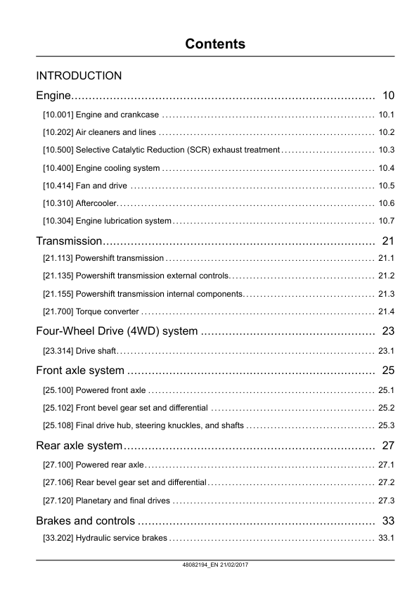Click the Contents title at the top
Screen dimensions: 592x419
(x=215, y=44)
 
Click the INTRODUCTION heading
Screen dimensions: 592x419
(x=79, y=75)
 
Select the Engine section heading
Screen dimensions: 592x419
(x=54, y=95)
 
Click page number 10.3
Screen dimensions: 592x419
(x=386, y=150)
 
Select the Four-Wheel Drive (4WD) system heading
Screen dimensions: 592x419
(x=117, y=331)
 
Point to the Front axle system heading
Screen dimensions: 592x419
(x=80, y=371)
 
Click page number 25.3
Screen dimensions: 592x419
(x=386, y=425)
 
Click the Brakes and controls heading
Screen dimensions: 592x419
(x=85, y=520)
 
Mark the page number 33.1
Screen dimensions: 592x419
(x=386, y=539)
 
